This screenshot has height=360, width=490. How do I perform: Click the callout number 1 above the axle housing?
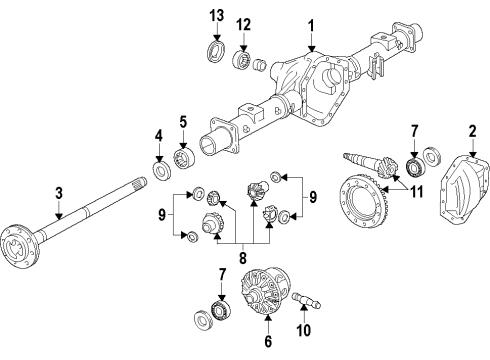(x=312, y=23)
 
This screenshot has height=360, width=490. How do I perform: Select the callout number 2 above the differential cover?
(x=471, y=130)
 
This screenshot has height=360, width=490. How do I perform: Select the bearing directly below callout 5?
(x=183, y=159)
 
